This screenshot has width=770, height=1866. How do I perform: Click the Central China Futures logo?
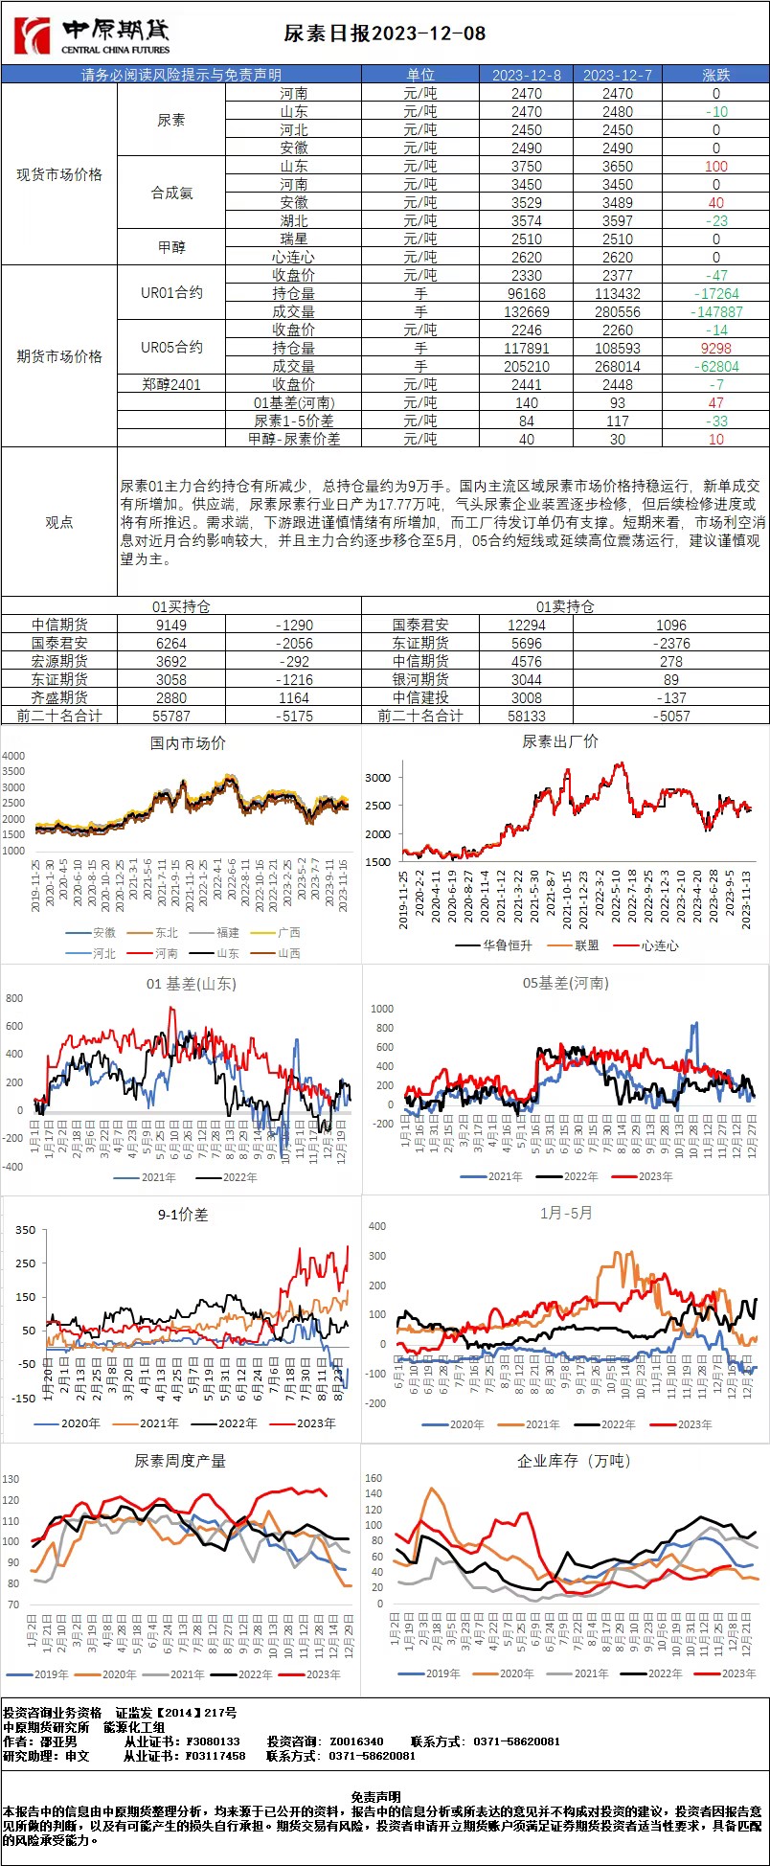click(x=92, y=35)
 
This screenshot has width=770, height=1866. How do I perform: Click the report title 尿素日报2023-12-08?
click(x=385, y=34)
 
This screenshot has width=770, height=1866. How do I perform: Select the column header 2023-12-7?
click(x=618, y=75)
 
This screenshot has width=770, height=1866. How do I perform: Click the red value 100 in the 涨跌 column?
click(x=715, y=166)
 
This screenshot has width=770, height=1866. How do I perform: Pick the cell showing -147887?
click(x=716, y=311)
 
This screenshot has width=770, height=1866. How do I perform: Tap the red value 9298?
click(x=716, y=348)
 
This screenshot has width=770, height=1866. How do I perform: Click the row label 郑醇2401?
click(x=171, y=384)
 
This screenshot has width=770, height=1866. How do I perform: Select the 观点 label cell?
click(x=59, y=522)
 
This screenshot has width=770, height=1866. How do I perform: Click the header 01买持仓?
click(x=181, y=606)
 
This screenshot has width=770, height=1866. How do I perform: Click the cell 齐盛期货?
click(x=59, y=697)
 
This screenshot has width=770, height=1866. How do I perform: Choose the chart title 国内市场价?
click(x=189, y=742)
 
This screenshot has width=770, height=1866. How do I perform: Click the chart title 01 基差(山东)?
click(x=191, y=984)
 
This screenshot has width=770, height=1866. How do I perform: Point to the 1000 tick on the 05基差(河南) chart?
click(x=382, y=1009)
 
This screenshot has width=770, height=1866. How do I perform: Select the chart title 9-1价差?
click(x=183, y=1214)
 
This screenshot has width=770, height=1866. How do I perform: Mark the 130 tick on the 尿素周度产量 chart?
click(x=11, y=1479)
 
